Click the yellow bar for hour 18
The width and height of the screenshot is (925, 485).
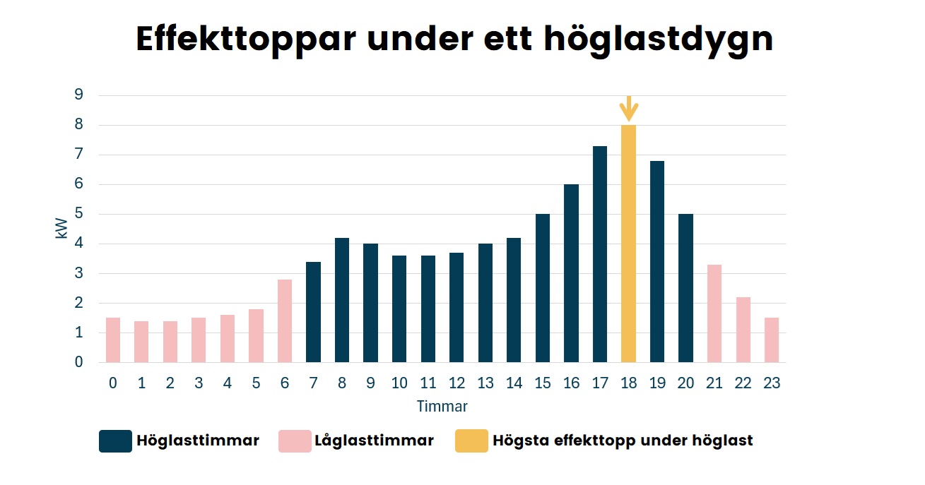pyautogui.click(x=628, y=244)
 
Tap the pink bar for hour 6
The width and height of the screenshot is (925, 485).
pyautogui.click(x=285, y=321)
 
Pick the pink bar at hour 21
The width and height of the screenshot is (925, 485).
pyautogui.click(x=714, y=313)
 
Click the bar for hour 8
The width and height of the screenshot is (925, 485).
pyautogui.click(x=342, y=300)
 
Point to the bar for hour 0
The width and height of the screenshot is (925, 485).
pyautogui.click(x=113, y=340)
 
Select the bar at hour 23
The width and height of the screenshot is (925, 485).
pyautogui.click(x=772, y=340)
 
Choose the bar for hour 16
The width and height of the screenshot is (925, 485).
pyautogui.click(x=571, y=273)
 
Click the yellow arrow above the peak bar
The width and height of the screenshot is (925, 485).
pyautogui.click(x=628, y=109)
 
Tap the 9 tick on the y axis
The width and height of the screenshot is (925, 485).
pyautogui.click(x=79, y=95)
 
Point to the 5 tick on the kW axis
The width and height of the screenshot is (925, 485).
pyautogui.click(x=79, y=214)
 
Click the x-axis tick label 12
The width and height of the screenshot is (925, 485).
pyautogui.click(x=456, y=383)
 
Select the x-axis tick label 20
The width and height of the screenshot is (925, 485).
pyautogui.click(x=685, y=383)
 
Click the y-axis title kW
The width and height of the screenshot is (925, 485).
pyautogui.click(x=62, y=227)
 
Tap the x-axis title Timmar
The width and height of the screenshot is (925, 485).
pyautogui.click(x=442, y=407)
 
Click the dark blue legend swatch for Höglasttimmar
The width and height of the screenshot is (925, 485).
pyautogui.click(x=115, y=441)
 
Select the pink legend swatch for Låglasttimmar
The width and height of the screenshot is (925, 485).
pyautogui.click(x=295, y=441)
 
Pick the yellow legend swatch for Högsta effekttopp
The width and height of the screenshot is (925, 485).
pyautogui.click(x=471, y=441)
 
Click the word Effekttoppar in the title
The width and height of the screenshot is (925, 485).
pyautogui.click(x=245, y=40)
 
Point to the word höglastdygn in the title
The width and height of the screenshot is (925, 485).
pyautogui.click(x=658, y=40)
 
